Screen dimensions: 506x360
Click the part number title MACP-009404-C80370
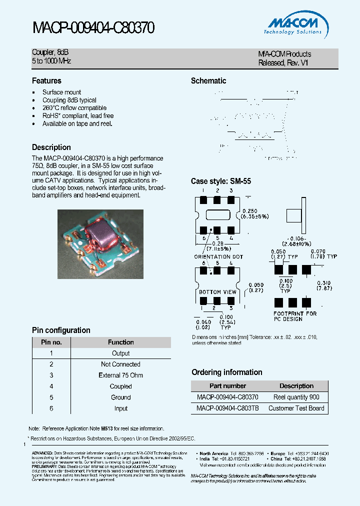(93, 27)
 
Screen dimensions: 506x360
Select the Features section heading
(46, 80)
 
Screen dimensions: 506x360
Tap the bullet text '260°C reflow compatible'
(74, 108)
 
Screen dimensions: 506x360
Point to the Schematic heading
(208, 80)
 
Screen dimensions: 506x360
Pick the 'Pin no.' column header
(51, 342)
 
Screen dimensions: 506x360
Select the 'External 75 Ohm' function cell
(120, 375)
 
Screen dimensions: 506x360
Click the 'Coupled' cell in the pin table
(120, 386)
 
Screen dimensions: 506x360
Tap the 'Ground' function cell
(120, 397)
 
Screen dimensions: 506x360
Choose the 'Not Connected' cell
(120, 364)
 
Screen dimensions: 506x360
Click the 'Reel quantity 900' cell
(296, 397)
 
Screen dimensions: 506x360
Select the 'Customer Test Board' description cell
(296, 408)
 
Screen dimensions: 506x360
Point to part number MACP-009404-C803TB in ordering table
(227, 408)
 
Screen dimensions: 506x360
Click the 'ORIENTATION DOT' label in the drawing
(219, 256)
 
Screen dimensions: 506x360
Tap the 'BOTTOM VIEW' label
(217, 292)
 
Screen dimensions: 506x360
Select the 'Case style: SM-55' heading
(221, 181)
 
